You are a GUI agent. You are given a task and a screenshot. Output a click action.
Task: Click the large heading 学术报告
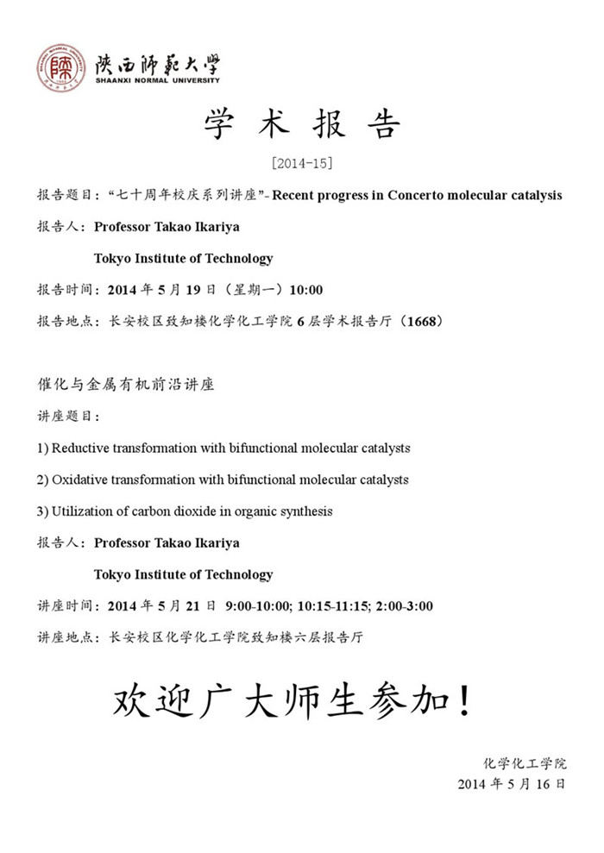point(301,126)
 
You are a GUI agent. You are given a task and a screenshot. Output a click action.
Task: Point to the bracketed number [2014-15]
point(301,163)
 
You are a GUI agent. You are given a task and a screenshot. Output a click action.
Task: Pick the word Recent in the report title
point(300,195)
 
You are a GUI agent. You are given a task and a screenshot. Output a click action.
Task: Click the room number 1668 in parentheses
point(425,322)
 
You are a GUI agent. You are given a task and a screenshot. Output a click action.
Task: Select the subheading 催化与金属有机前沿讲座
point(125,385)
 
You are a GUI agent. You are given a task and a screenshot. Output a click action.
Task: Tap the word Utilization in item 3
point(82,511)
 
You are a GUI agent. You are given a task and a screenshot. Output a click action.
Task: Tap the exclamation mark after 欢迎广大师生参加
point(463,703)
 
